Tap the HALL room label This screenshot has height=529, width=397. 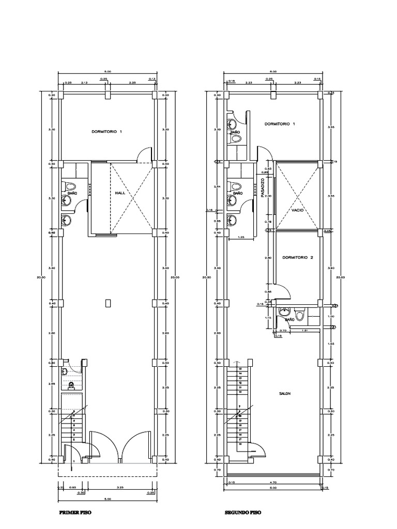click(120, 193)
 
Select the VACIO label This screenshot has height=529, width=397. click(297, 210)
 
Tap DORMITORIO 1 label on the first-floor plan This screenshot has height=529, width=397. click(107, 132)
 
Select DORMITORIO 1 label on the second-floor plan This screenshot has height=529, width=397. click(280, 124)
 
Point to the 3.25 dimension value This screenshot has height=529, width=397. click(120, 487)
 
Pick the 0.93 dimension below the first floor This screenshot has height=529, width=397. click(73, 487)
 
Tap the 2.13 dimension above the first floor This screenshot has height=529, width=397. click(84, 83)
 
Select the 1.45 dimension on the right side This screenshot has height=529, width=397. click(331, 344)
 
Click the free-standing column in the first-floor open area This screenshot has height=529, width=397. click(108, 303)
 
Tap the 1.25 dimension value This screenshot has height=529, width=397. click(240, 237)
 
